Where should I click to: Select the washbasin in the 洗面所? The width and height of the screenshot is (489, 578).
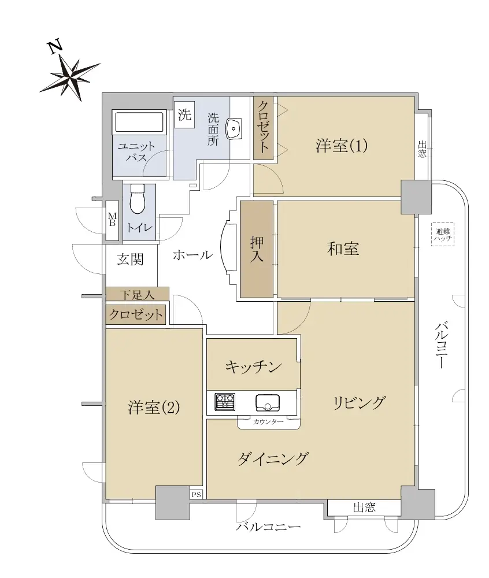pyautogui.click(x=234, y=129)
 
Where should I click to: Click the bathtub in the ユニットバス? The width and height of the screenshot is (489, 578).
pyautogui.click(x=139, y=121)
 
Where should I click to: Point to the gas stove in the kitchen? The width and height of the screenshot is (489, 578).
pyautogui.click(x=225, y=402)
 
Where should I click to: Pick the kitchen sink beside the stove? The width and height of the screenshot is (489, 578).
pyautogui.click(x=268, y=402)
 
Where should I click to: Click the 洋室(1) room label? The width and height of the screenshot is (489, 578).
pyautogui.click(x=342, y=146)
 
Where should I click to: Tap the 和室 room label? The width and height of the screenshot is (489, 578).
pyautogui.click(x=343, y=249)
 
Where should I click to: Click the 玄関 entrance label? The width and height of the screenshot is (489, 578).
pyautogui.click(x=130, y=260)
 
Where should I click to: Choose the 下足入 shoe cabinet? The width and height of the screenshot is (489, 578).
pyautogui.click(x=137, y=295)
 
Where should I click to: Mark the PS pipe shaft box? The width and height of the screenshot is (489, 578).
pyautogui.click(x=197, y=494)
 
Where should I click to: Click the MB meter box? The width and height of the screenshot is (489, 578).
pyautogui.click(x=112, y=220)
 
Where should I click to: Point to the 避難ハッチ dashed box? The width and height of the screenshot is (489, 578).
pyautogui.click(x=443, y=235)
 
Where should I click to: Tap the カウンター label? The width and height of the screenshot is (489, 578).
pyautogui.click(x=268, y=422)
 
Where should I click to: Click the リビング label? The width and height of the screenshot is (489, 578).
pyautogui.click(x=360, y=402)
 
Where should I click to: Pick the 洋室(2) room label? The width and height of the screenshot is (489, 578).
pyautogui.click(x=154, y=407)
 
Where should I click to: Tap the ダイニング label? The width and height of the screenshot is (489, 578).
pyautogui.click(x=272, y=459)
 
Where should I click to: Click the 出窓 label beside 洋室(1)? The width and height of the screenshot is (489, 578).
pyautogui.click(x=423, y=149)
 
